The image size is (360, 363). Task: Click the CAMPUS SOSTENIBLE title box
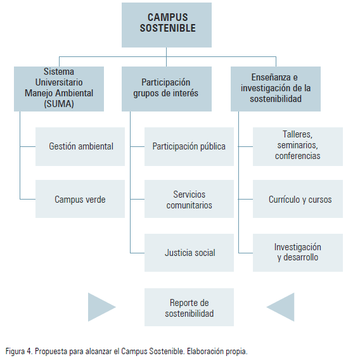167,25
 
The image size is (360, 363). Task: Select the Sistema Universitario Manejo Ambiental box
59,89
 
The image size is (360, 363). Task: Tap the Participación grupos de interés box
167,89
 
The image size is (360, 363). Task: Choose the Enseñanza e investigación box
276,89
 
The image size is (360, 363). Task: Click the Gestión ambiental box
80,146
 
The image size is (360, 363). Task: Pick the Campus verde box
80,199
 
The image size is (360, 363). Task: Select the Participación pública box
189,146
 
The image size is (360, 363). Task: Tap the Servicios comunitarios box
189,199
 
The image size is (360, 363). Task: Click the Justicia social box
189,253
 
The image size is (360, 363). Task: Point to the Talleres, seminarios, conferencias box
298,146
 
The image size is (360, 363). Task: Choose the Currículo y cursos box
298,199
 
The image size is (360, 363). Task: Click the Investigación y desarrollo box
298,253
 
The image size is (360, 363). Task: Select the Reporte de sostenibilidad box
189,307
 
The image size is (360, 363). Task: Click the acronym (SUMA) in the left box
59,104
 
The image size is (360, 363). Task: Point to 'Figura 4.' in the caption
19,351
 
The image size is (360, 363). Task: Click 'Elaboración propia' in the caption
217,352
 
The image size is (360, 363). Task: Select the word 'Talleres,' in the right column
297,134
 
